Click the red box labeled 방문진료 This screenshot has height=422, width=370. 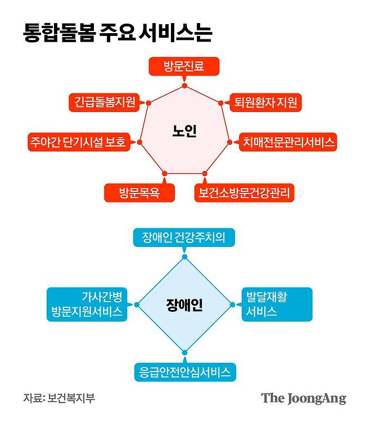[183, 68]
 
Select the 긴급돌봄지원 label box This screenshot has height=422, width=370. [105, 102]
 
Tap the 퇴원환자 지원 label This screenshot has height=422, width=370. [268, 102]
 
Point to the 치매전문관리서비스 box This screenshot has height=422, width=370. [288, 142]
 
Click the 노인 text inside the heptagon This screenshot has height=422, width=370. [184, 132]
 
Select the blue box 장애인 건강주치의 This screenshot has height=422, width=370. [184, 237]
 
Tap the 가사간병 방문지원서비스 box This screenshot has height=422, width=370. [85, 304]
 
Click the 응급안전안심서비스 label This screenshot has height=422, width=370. [184, 371]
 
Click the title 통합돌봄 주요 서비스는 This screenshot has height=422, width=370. [118, 32]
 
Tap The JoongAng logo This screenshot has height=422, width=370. [303, 398]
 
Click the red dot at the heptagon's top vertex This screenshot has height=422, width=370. [184, 86]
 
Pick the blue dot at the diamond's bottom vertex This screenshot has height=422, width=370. [184, 352]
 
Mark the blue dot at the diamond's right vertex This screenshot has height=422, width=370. [232, 304]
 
